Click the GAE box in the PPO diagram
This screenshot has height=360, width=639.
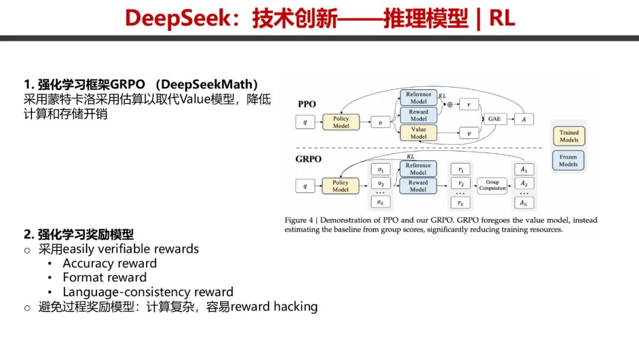point(493,118)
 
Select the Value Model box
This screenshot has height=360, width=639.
point(418,133)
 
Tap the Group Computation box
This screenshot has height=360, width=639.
point(492,185)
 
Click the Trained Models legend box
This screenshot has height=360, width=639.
point(569,136)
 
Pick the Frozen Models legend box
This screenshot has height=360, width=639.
point(569,160)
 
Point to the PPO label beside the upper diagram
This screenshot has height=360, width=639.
point(306,104)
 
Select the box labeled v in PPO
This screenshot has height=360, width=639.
point(469,133)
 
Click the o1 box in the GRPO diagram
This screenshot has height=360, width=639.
point(380,170)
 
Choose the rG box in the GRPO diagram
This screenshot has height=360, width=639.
point(460,202)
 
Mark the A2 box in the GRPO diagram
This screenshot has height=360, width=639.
point(524,183)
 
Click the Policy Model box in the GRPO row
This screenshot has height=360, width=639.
point(341,186)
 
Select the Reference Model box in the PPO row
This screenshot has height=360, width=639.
point(418,98)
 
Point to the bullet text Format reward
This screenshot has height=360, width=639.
point(105,277)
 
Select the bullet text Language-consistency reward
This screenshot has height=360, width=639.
point(148,292)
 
